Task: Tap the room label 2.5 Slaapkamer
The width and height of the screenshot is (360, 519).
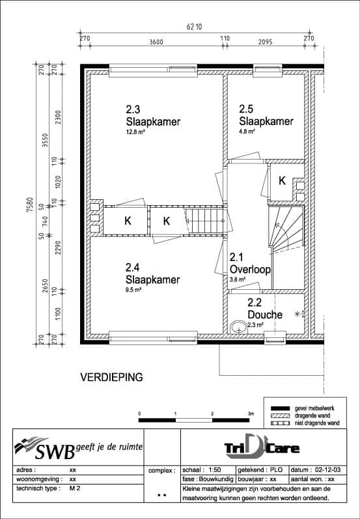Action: tap(266, 116)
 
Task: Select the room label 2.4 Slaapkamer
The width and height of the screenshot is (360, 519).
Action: tap(152, 274)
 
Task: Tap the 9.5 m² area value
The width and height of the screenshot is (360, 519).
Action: tap(134, 290)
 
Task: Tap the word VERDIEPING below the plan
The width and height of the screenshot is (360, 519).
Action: tap(111, 377)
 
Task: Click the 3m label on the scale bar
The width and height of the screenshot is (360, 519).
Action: tap(251, 414)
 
